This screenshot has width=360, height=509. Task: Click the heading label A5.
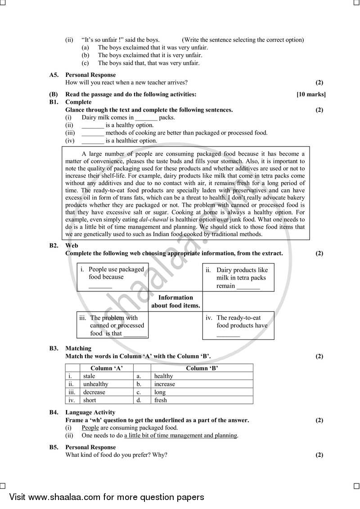click(x=54, y=75)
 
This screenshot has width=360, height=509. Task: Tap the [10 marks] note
click(x=311, y=94)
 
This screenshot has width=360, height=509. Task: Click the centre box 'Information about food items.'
click(x=175, y=301)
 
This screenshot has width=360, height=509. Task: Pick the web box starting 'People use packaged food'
click(x=112, y=277)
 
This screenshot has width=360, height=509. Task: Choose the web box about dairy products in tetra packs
click(x=238, y=277)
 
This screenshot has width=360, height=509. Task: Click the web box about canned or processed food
click(x=112, y=326)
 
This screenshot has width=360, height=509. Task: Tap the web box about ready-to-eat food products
click(x=238, y=326)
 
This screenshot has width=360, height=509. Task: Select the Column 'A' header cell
click(x=107, y=368)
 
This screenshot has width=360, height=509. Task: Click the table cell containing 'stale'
click(x=107, y=376)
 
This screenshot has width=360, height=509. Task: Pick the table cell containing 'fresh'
click(x=202, y=400)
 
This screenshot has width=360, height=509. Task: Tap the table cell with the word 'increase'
click(x=202, y=384)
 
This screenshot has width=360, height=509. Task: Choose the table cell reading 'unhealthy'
click(x=107, y=384)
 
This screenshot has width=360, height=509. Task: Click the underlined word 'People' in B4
click(x=90, y=428)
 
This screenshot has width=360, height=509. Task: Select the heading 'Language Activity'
click(x=90, y=412)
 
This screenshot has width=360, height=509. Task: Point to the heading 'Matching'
click(x=78, y=348)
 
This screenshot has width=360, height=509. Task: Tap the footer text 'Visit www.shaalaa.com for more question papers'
click(x=107, y=497)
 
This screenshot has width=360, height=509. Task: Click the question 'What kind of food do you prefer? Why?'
click(x=117, y=455)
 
